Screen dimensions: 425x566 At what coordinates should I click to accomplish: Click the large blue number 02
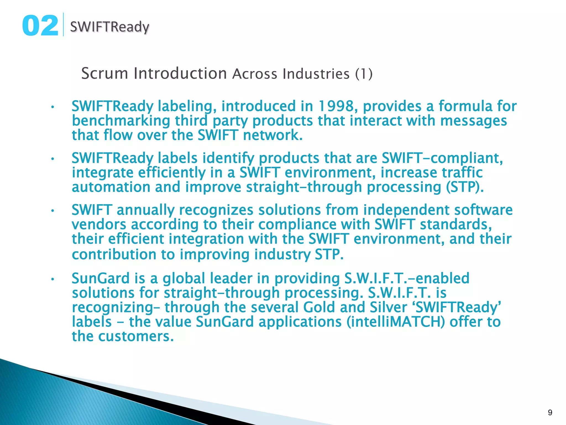(40, 26)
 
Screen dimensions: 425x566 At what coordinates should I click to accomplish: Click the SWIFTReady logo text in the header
(109, 27)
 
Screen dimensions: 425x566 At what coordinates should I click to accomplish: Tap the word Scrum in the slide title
(104, 74)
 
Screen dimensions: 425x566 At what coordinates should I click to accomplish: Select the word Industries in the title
(316, 74)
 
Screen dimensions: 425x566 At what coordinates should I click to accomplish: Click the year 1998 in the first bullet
(336, 107)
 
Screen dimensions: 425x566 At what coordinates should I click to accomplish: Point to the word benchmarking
(121, 121)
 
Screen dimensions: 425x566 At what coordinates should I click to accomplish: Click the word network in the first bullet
(272, 135)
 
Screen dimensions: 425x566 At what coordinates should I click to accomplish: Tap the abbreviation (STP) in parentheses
(465, 187)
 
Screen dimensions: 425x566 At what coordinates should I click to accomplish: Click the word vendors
(99, 224)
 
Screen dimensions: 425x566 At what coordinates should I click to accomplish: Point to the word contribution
(114, 254)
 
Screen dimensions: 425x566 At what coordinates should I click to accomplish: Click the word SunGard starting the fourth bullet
(101, 278)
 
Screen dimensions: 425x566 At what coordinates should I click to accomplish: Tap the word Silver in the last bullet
(388, 307)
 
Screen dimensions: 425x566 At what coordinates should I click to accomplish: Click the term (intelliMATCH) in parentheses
(395, 322)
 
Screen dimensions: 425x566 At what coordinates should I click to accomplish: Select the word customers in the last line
(136, 336)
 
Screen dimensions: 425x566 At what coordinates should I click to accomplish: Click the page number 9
(550, 413)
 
